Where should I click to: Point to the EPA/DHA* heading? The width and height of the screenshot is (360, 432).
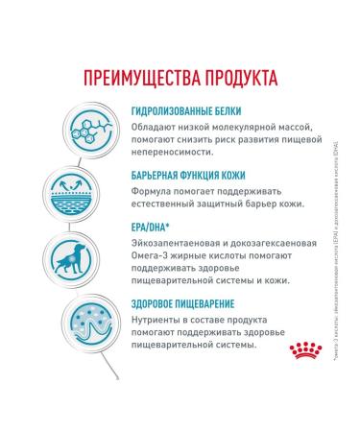point(153,228)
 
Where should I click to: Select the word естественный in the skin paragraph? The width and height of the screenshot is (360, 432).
point(169,203)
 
